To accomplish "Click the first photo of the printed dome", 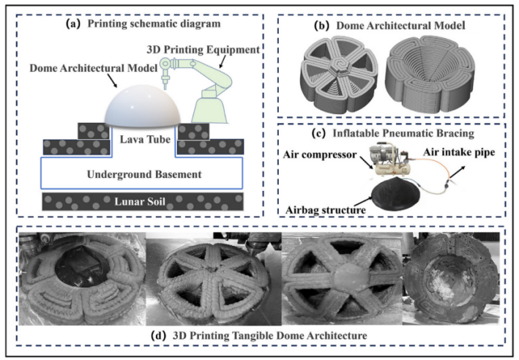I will pyautogui.click(x=81, y=275).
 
